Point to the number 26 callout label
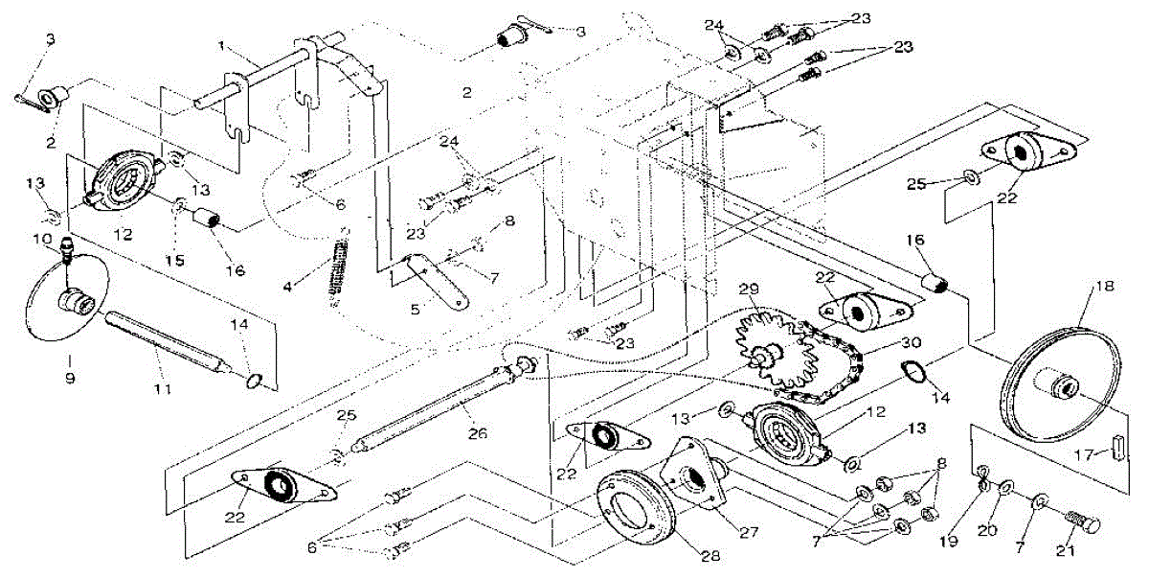pyautogui.click(x=478, y=433)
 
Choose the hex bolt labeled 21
pyautogui.click(x=1084, y=523)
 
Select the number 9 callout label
pyautogui.click(x=70, y=378)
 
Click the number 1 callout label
pyautogui.click(x=221, y=46)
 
